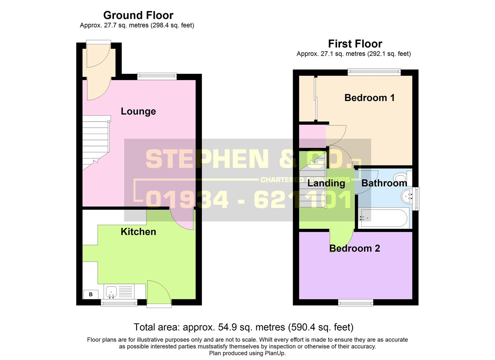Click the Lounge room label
click(138, 111)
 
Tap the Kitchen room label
click(138, 232)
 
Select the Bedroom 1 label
click(369, 98)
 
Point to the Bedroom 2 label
click(354, 248)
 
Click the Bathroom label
click(384, 183)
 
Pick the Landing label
click(326, 183)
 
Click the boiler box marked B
click(91, 294)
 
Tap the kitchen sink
click(111, 292)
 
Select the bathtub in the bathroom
click(384, 218)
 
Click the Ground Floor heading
click(138, 15)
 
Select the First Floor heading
click(355, 44)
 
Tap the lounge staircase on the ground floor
click(96, 142)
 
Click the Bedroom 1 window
click(374, 72)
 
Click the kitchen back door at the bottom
click(159, 293)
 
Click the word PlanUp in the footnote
click(275, 353)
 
